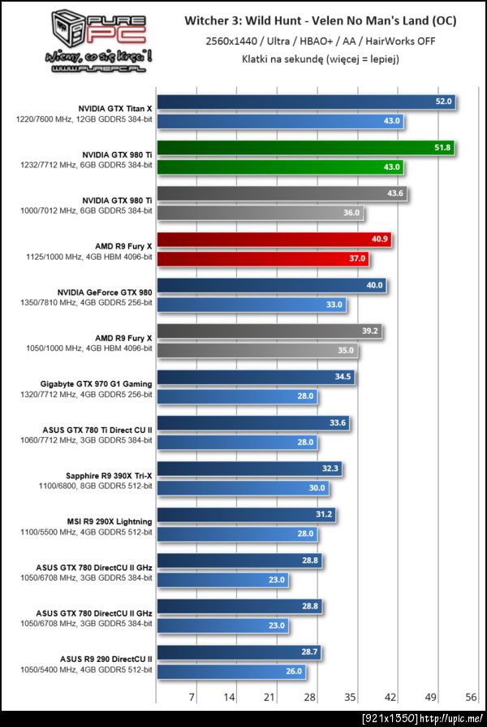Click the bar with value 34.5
pos(256,378)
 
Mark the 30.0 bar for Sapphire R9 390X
pos(243,488)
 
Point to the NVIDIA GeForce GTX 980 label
pos(105,292)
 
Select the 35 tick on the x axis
pos(350,696)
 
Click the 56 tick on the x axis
pos(470,696)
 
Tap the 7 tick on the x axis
pos(192,696)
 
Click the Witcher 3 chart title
pos(321,21)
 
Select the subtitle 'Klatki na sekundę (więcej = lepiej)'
pos(321,58)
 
